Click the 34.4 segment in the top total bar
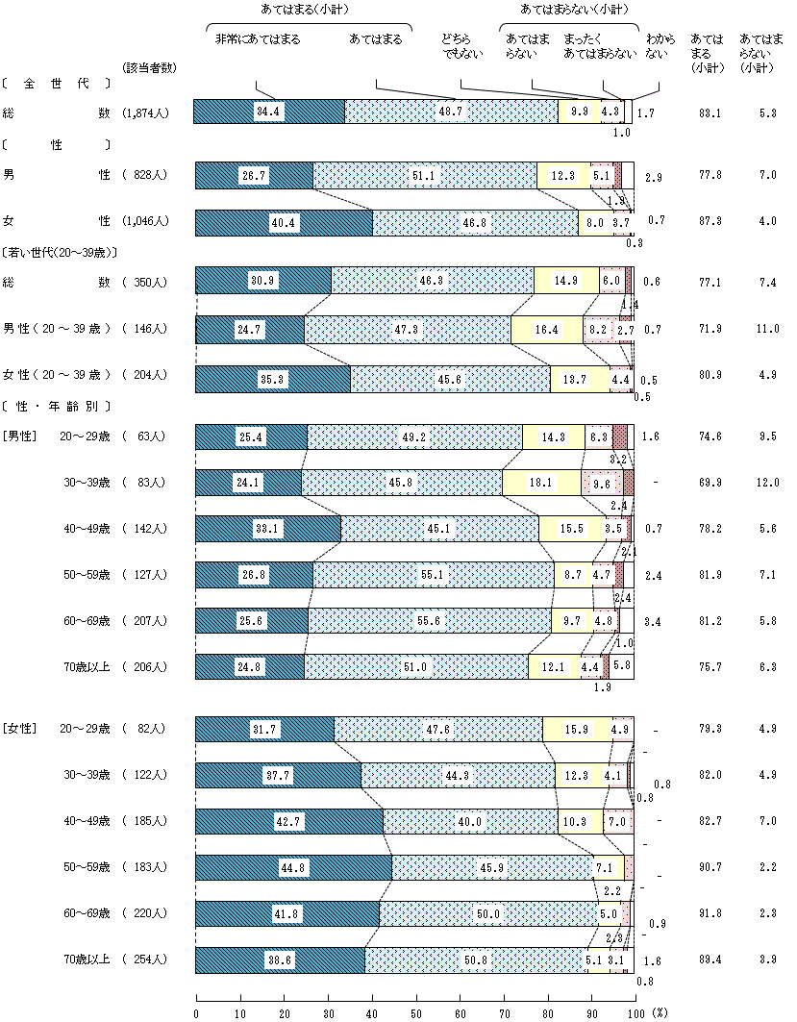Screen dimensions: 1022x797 268,112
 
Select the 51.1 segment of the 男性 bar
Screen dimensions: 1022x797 424,176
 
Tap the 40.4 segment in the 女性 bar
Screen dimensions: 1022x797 284,222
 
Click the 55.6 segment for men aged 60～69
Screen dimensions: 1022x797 430,621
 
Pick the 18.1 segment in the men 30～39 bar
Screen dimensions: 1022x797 542,483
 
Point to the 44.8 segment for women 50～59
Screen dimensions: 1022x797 293,867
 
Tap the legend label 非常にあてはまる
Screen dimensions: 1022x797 257,39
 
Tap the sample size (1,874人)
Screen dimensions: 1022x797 145,112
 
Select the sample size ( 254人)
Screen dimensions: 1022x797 145,960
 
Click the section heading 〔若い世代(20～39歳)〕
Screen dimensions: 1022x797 61,253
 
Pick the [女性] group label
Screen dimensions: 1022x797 19,729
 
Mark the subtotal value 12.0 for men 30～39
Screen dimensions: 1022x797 765,483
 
